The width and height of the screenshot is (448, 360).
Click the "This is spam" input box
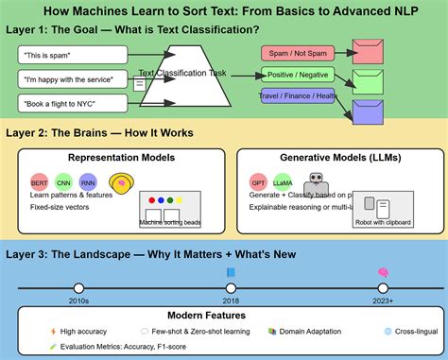[68, 55]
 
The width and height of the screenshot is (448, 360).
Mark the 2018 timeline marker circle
[231, 287]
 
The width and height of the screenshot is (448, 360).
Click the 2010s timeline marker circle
[78, 287]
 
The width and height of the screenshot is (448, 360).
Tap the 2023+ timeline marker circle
[383, 287]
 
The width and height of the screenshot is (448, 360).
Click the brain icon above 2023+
[383, 272]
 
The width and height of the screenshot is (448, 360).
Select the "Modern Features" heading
[224, 315]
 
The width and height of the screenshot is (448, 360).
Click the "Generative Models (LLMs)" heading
[336, 158]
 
